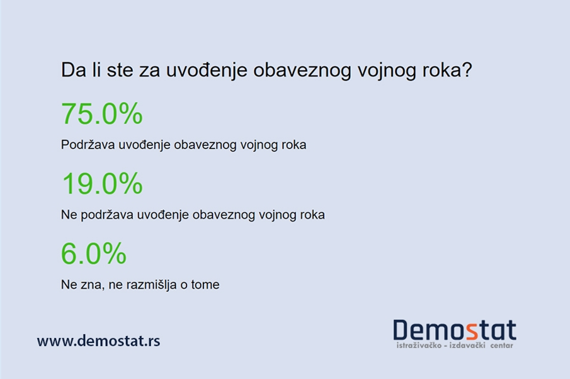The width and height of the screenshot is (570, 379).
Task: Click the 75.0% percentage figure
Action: pyautogui.click(x=101, y=114)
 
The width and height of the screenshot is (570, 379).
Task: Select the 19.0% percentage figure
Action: pyautogui.click(x=101, y=184)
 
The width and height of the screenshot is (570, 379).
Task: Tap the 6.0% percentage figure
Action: pyautogui.click(x=93, y=254)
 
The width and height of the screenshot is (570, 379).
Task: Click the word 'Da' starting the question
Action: pyautogui.click(x=71, y=70)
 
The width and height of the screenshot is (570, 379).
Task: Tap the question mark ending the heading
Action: pyautogui.click(x=467, y=70)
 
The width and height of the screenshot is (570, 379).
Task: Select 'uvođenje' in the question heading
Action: pyautogui.click(x=207, y=70)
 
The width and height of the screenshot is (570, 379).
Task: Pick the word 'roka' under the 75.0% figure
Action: pyautogui.click(x=293, y=145)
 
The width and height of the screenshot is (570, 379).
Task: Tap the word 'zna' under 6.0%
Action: pyautogui.click(x=89, y=285)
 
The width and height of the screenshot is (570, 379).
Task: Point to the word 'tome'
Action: pyautogui.click(x=205, y=285)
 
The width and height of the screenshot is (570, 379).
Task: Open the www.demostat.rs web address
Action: pyautogui.click(x=98, y=341)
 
